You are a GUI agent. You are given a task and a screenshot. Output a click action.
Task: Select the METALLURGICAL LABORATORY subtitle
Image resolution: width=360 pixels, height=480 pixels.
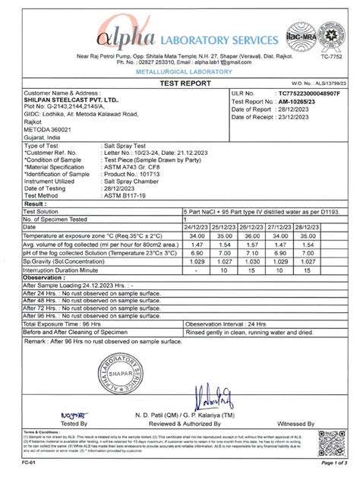[x=179, y=71]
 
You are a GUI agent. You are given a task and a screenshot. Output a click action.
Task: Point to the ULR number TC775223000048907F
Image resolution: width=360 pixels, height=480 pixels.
[x=299, y=92]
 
